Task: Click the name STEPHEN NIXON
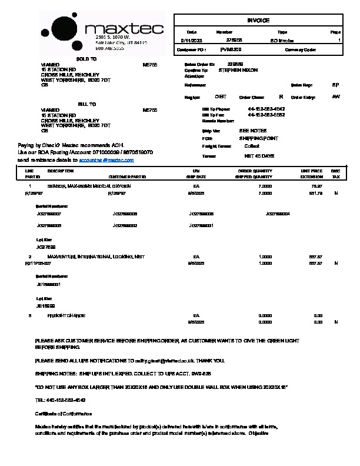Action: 238,70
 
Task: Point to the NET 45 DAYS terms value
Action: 259,156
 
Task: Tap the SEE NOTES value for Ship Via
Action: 252,131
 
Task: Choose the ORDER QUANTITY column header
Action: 255,171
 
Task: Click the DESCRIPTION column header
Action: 60,171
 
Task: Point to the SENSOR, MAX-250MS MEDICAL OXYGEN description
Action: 89,185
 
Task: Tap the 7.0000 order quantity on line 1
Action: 265,185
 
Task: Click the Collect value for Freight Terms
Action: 252,146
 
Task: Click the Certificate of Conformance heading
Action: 64,414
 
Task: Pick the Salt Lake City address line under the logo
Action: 121,43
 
